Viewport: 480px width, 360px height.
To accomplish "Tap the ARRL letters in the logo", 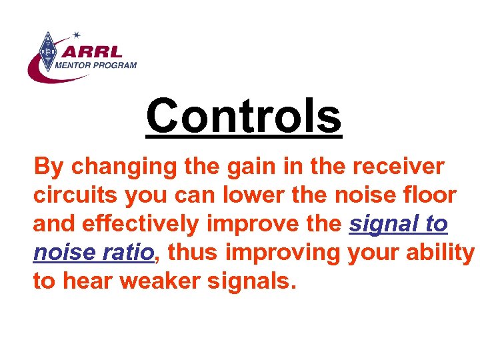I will (97, 51).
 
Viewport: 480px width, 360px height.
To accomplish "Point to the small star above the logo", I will (77, 34).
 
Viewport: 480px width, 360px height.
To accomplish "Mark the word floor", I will (427, 196).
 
